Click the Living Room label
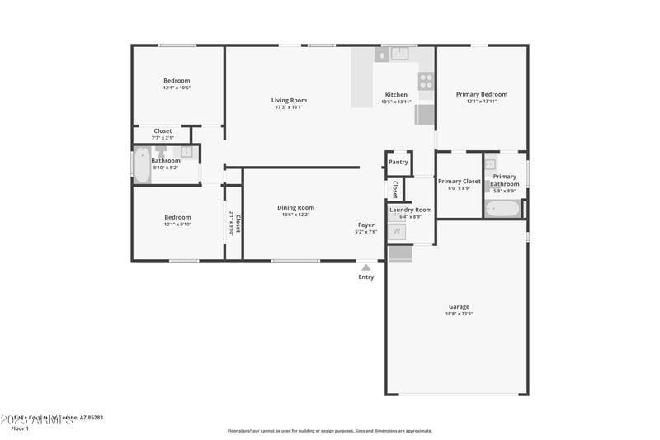[x=289, y=101]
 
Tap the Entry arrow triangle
[x=365, y=267]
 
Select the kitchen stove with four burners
[x=426, y=81]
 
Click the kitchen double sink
[x=400, y=54]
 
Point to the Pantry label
[x=398, y=162]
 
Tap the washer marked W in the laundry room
[x=397, y=232]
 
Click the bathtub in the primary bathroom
[x=502, y=209]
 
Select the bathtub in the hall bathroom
[x=142, y=165]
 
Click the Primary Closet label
[x=459, y=181]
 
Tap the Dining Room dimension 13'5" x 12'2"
[x=295, y=215]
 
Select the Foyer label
[x=365, y=225]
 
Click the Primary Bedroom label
[x=482, y=94]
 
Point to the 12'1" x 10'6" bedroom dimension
[x=177, y=88]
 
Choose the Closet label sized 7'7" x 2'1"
[x=163, y=130]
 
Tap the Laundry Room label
[x=411, y=210]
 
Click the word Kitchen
[x=396, y=95]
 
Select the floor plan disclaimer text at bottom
[x=330, y=430]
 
